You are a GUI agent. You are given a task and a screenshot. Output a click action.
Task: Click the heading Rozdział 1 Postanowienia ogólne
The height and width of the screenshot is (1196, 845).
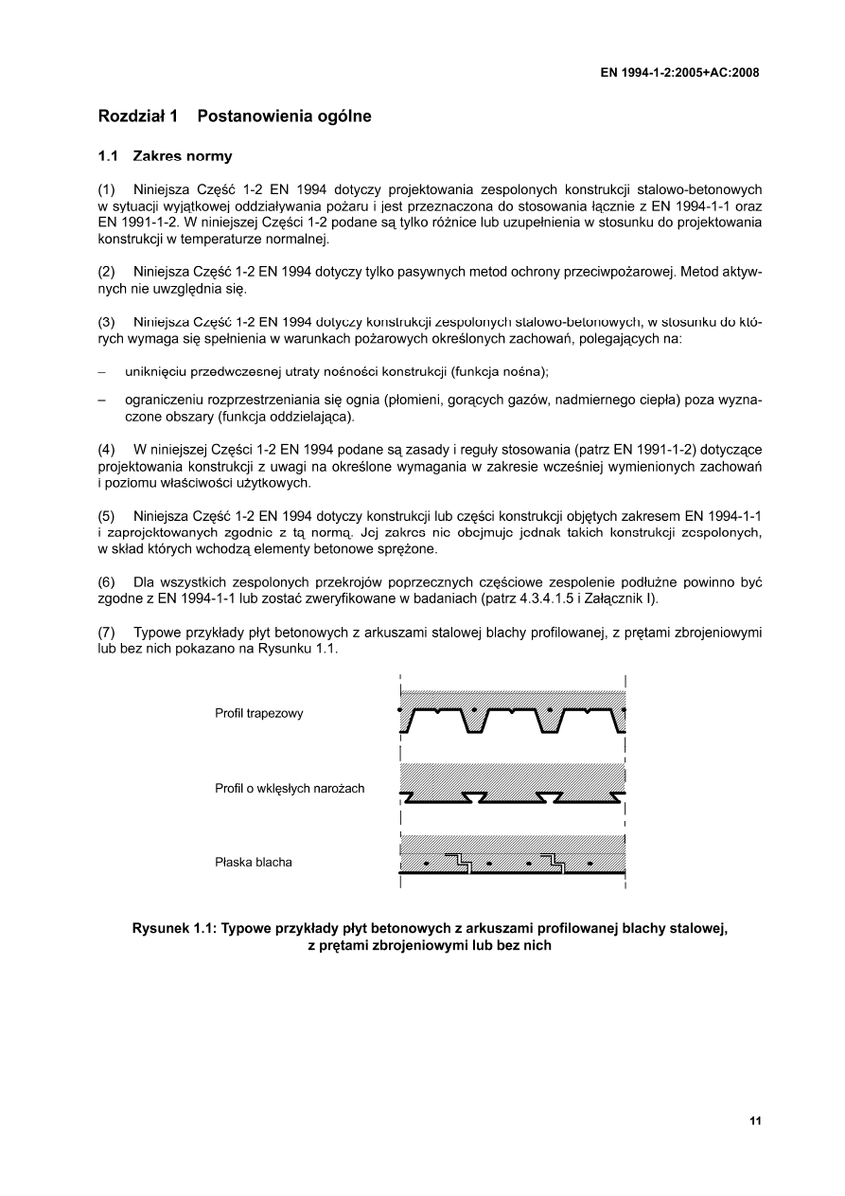[x=235, y=116]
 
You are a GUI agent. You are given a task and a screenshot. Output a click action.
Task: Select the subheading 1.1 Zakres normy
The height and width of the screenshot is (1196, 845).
[x=165, y=155]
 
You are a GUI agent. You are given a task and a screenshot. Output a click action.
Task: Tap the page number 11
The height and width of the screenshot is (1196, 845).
[x=754, y=1121]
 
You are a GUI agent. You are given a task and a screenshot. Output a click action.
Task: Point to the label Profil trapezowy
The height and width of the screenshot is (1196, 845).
[x=258, y=713]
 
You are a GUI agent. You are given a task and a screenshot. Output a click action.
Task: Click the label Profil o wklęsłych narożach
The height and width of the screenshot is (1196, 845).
[x=290, y=788]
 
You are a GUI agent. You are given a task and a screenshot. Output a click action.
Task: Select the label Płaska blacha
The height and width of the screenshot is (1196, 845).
[x=254, y=863]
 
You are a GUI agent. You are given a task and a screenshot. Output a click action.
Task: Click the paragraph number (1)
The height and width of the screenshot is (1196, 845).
[x=107, y=189]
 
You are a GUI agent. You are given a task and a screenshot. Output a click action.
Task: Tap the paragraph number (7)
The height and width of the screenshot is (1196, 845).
[x=107, y=632]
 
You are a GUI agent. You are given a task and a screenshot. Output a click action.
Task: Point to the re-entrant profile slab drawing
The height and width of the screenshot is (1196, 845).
[x=512, y=784]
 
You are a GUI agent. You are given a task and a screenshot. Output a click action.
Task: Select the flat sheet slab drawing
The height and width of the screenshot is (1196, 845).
[x=512, y=857]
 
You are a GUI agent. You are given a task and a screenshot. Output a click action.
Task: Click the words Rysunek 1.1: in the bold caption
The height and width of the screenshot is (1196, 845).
[x=172, y=929]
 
